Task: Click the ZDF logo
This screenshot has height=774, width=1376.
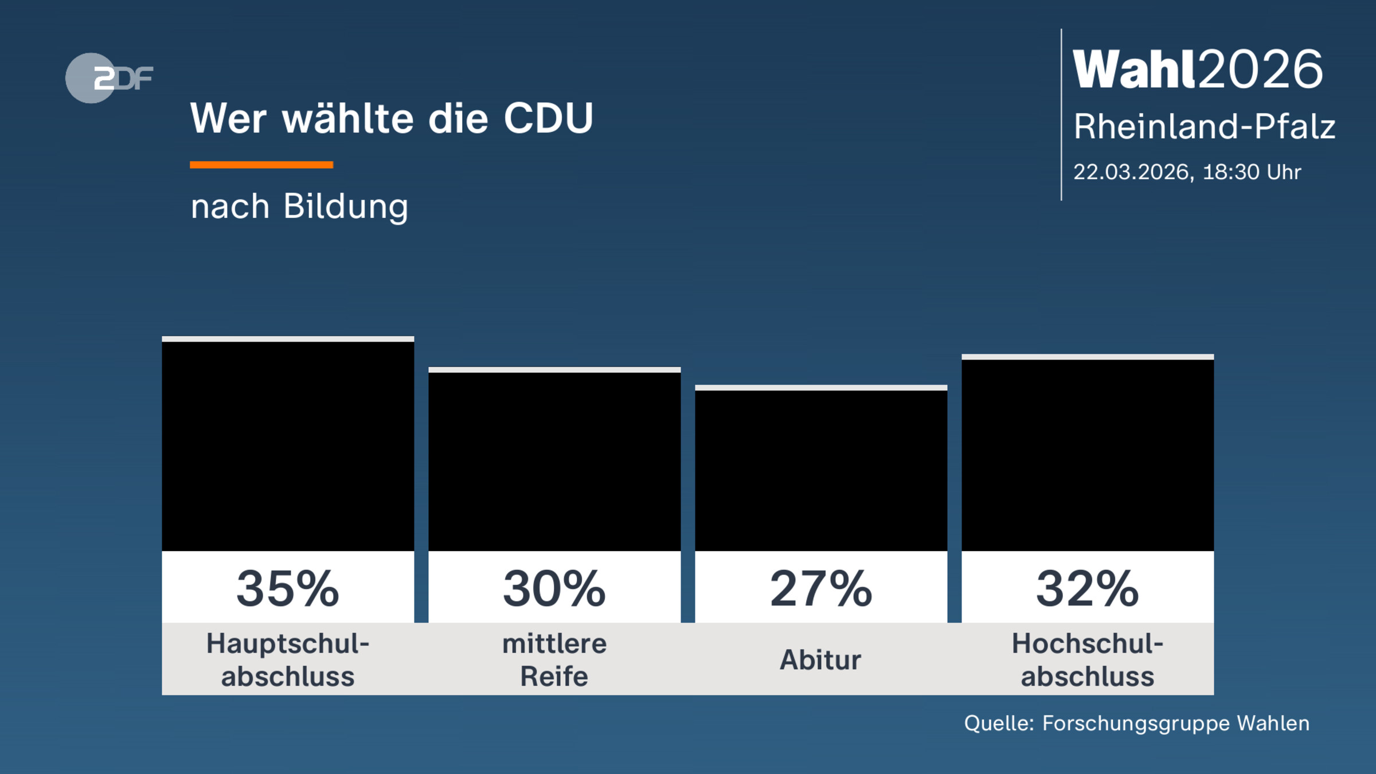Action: tap(109, 78)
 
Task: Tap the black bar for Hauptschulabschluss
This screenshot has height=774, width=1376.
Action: tap(288, 446)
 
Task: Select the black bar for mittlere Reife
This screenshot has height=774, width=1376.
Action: tap(554, 462)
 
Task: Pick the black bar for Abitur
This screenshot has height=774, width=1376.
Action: tap(821, 470)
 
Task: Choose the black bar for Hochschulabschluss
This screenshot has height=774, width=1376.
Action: tap(1088, 455)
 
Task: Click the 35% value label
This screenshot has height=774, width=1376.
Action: tap(288, 589)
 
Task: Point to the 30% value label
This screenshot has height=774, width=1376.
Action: tap(554, 589)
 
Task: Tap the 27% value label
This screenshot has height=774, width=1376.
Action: tap(821, 589)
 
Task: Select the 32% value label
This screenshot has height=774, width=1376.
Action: tap(1088, 589)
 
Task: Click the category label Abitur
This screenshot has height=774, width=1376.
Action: tap(820, 660)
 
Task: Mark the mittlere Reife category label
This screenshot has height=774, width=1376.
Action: tap(554, 660)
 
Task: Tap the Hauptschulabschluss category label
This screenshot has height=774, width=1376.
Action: tap(288, 660)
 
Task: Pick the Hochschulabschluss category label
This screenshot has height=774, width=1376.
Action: tap(1088, 660)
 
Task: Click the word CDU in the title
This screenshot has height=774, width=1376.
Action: tap(548, 119)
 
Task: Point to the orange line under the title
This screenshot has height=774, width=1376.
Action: tap(261, 165)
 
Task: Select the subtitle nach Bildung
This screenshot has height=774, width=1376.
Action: tap(299, 206)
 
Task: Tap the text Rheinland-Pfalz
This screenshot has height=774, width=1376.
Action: tap(1204, 127)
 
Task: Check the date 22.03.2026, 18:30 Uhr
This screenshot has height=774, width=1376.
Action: tap(1187, 172)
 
